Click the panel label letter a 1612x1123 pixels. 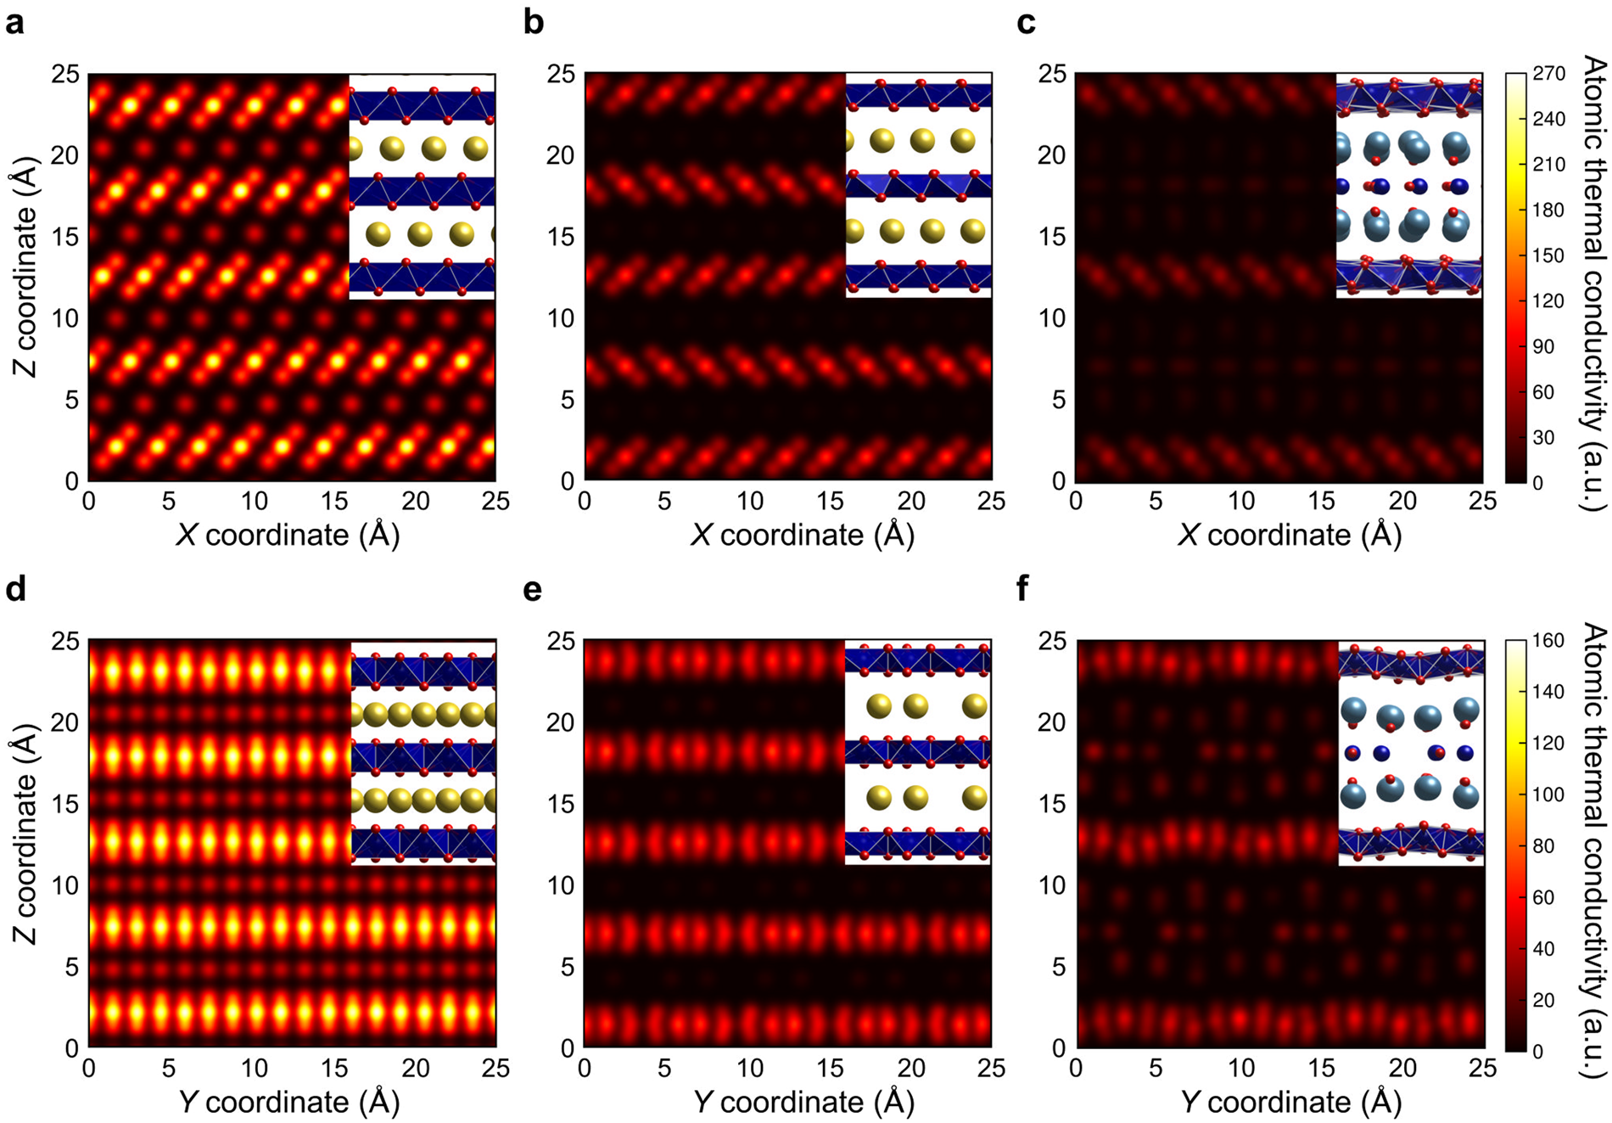click(x=14, y=23)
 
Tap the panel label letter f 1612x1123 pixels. click(x=1023, y=588)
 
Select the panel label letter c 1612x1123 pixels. click(x=1026, y=23)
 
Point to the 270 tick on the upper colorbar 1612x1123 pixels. click(x=1548, y=74)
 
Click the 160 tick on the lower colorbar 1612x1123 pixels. click(x=1548, y=641)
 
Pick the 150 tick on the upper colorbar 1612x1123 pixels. click(x=1548, y=255)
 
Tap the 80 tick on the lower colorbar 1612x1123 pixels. click(x=1544, y=846)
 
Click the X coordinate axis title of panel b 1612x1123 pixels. click(x=802, y=536)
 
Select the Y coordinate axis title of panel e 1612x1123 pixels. click(x=802, y=1103)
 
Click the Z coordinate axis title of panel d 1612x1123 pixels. click(x=25, y=845)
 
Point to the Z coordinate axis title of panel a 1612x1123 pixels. click(x=25, y=278)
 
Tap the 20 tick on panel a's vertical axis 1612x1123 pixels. click(x=66, y=155)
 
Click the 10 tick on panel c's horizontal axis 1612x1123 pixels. click(x=1240, y=501)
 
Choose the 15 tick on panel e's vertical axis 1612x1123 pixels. click(x=561, y=804)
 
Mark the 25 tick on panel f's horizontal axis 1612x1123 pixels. click(x=1483, y=1068)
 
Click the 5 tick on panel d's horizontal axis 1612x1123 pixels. click(x=169, y=1068)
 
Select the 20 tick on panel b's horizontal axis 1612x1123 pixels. click(x=911, y=501)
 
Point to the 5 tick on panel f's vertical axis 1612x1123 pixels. click(x=1058, y=967)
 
